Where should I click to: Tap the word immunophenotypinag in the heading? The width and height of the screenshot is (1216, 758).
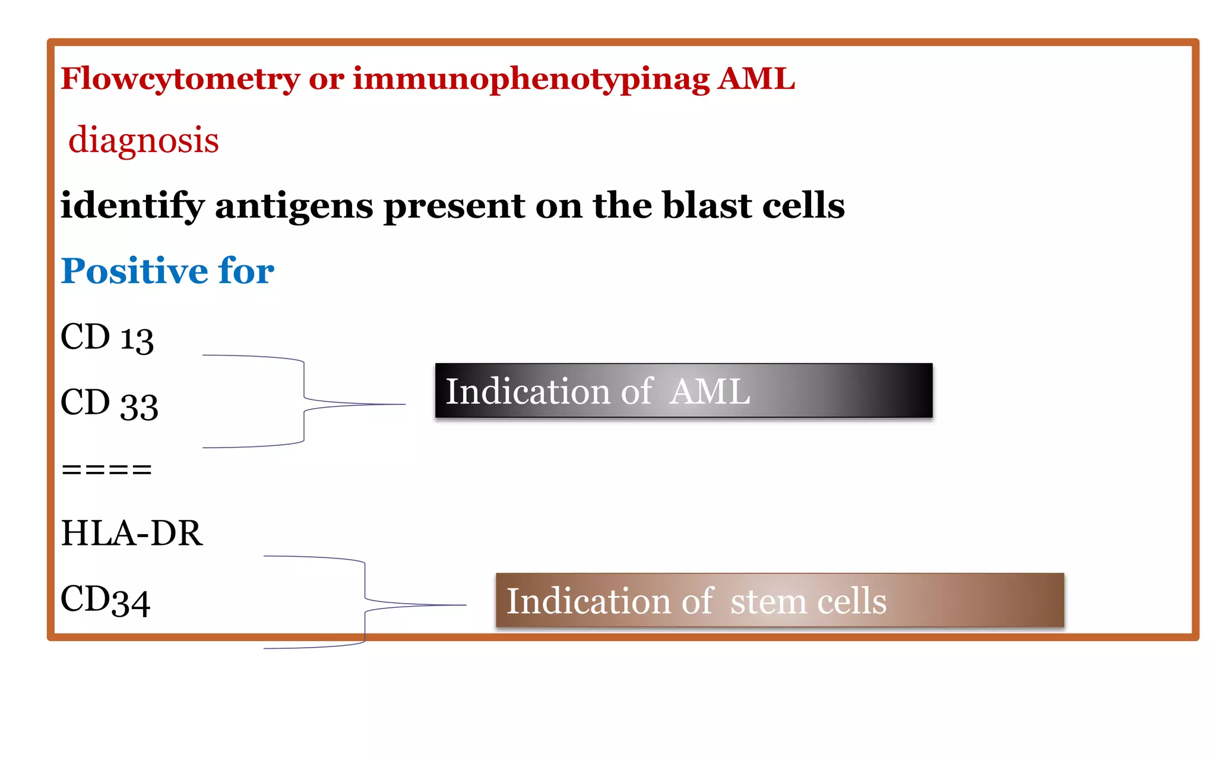531,79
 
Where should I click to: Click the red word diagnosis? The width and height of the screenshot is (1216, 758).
144,140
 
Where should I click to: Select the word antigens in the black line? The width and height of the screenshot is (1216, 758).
294,206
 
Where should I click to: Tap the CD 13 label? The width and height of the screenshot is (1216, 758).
107,338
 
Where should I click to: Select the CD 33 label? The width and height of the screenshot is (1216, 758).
109,404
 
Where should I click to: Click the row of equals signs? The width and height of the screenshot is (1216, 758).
107,470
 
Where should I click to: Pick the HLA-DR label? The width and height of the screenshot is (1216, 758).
131,533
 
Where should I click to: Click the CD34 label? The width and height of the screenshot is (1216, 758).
105,600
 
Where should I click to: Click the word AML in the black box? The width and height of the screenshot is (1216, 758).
710,392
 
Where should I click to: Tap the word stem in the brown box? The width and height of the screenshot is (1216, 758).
767,601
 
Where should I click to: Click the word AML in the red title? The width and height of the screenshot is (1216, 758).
755,79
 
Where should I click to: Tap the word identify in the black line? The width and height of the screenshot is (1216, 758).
132,206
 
